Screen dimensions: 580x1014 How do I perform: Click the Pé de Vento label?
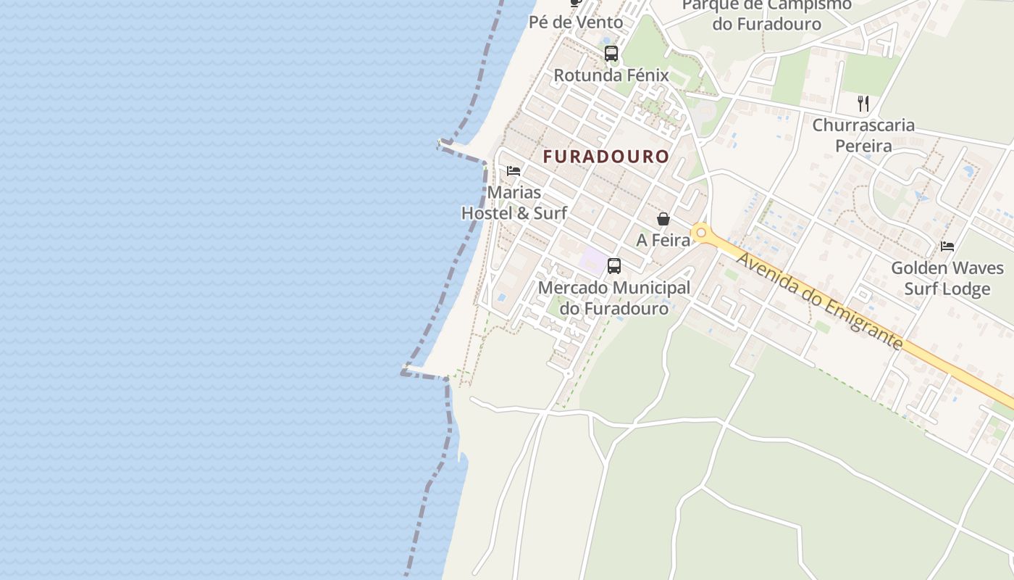pos(576,22)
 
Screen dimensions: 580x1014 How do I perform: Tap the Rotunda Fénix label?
pos(611,75)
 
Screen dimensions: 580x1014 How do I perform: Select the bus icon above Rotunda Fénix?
pos(611,53)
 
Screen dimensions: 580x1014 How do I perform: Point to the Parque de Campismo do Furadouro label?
pos(766,14)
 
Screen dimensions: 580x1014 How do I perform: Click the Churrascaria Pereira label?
pos(863,136)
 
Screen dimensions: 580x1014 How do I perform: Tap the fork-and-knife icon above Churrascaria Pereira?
pos(863,103)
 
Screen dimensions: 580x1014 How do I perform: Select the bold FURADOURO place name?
pos(606,157)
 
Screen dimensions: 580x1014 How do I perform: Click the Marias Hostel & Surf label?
pos(514,203)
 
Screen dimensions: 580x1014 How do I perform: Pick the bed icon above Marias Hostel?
pos(514,171)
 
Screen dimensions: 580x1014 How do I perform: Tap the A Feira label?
pos(663,240)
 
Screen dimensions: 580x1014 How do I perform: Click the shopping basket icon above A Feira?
pos(663,218)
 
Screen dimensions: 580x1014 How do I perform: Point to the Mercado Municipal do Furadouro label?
pos(614,298)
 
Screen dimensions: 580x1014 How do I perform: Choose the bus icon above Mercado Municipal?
pos(614,265)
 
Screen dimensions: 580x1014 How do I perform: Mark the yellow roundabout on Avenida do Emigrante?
pos(700,233)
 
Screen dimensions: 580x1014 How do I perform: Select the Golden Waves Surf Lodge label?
pos(947,278)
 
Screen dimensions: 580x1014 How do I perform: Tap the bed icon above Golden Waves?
pos(947,246)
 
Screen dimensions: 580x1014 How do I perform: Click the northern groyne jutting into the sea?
pos(461,151)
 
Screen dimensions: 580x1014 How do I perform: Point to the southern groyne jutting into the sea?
pos(424,373)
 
